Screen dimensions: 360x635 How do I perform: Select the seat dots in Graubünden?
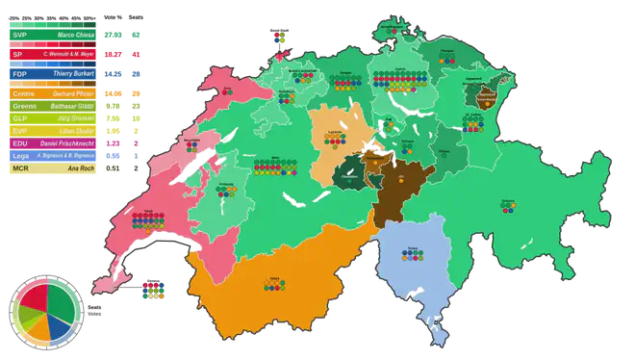(x=507, y=207)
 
